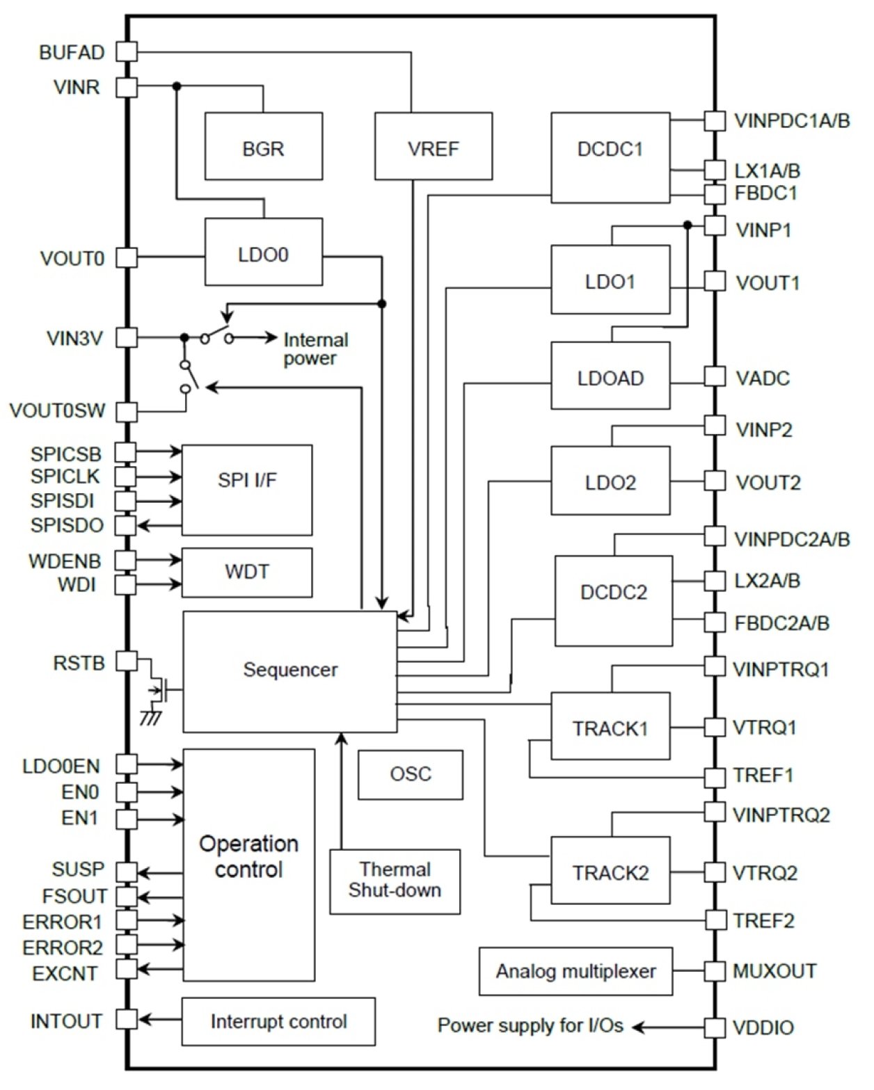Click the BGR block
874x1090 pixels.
pyautogui.click(x=263, y=146)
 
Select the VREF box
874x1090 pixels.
pyautogui.click(x=433, y=146)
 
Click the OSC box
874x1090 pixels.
pyautogui.click(x=410, y=774)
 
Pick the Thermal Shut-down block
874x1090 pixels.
pyautogui.click(x=395, y=881)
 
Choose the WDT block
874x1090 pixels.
pyautogui.click(x=246, y=572)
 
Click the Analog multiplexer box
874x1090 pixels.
pyautogui.click(x=575, y=971)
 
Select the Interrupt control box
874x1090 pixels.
pyautogui.click(x=278, y=1021)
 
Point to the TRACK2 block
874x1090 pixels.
pyautogui.click(x=610, y=871)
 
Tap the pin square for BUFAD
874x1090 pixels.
pyautogui.click(x=126, y=51)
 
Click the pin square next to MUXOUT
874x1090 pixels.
pyautogui.click(x=715, y=971)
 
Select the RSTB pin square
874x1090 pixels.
pyautogui.click(x=126, y=661)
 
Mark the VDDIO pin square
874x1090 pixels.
pyautogui.click(x=715, y=1027)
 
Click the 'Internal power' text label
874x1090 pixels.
pyautogui.click(x=315, y=349)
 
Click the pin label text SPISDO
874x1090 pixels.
pyautogui.click(x=67, y=525)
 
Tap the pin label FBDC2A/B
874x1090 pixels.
pyautogui.click(x=781, y=623)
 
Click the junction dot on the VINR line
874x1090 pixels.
pyautogui.click(x=177, y=86)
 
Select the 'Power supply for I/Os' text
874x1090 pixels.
pyautogui.click(x=530, y=1025)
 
